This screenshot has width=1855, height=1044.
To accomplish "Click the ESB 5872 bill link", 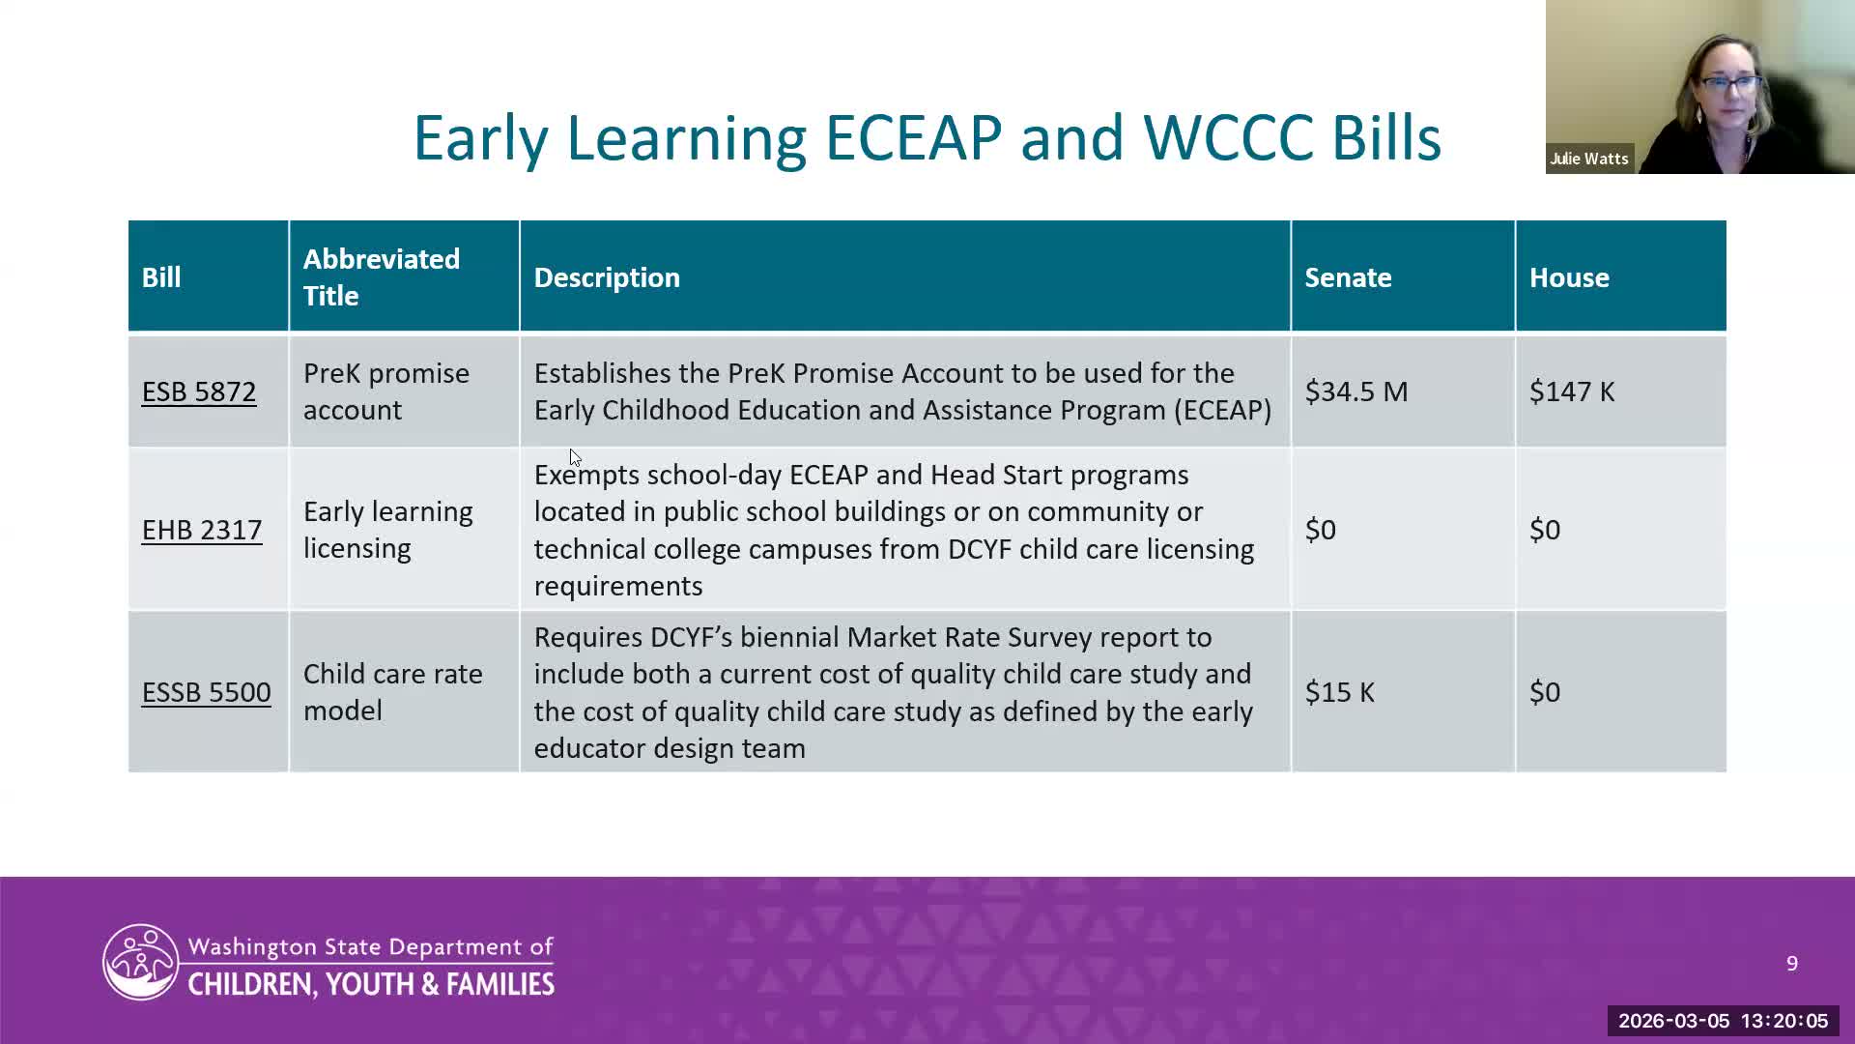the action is tap(199, 391).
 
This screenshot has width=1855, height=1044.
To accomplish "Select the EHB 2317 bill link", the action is tap(202, 530).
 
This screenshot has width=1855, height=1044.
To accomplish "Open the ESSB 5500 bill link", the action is tap(207, 692).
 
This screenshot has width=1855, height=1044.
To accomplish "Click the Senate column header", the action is tap(1349, 277).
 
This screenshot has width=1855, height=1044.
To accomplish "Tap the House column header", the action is tap(1569, 277).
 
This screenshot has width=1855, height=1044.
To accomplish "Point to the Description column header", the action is tap(607, 277).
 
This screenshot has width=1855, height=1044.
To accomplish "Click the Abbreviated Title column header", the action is tap(382, 277).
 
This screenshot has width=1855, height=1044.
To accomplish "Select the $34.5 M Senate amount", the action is tap(1356, 391).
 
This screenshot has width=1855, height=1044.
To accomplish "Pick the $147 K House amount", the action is tap(1572, 391).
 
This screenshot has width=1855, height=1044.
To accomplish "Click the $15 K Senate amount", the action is tap(1340, 692).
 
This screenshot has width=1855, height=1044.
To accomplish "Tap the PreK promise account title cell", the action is tap(386, 391).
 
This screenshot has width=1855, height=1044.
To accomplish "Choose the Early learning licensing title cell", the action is tap(388, 530).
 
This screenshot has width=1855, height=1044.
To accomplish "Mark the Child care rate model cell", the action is tap(393, 692).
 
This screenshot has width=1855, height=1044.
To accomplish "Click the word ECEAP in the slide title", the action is tap(913, 137).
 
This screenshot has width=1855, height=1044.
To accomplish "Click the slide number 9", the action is tap(1792, 964).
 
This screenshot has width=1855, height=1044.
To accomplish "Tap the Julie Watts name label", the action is tap(1589, 159).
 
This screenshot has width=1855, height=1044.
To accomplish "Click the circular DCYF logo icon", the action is tap(141, 962).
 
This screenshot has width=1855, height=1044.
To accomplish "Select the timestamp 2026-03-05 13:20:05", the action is tap(1724, 1021).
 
